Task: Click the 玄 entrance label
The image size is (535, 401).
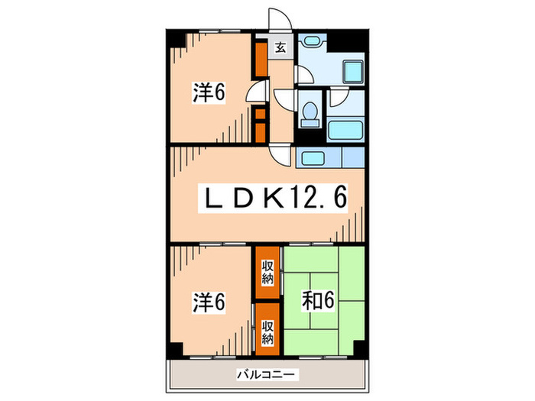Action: point(280,47)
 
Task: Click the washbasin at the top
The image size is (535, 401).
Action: point(310,41)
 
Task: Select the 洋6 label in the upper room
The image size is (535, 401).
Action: point(208,92)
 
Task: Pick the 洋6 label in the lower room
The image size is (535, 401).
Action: point(208,302)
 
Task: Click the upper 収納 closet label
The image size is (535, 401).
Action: point(267,271)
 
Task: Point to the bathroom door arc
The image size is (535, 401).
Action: point(336,95)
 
